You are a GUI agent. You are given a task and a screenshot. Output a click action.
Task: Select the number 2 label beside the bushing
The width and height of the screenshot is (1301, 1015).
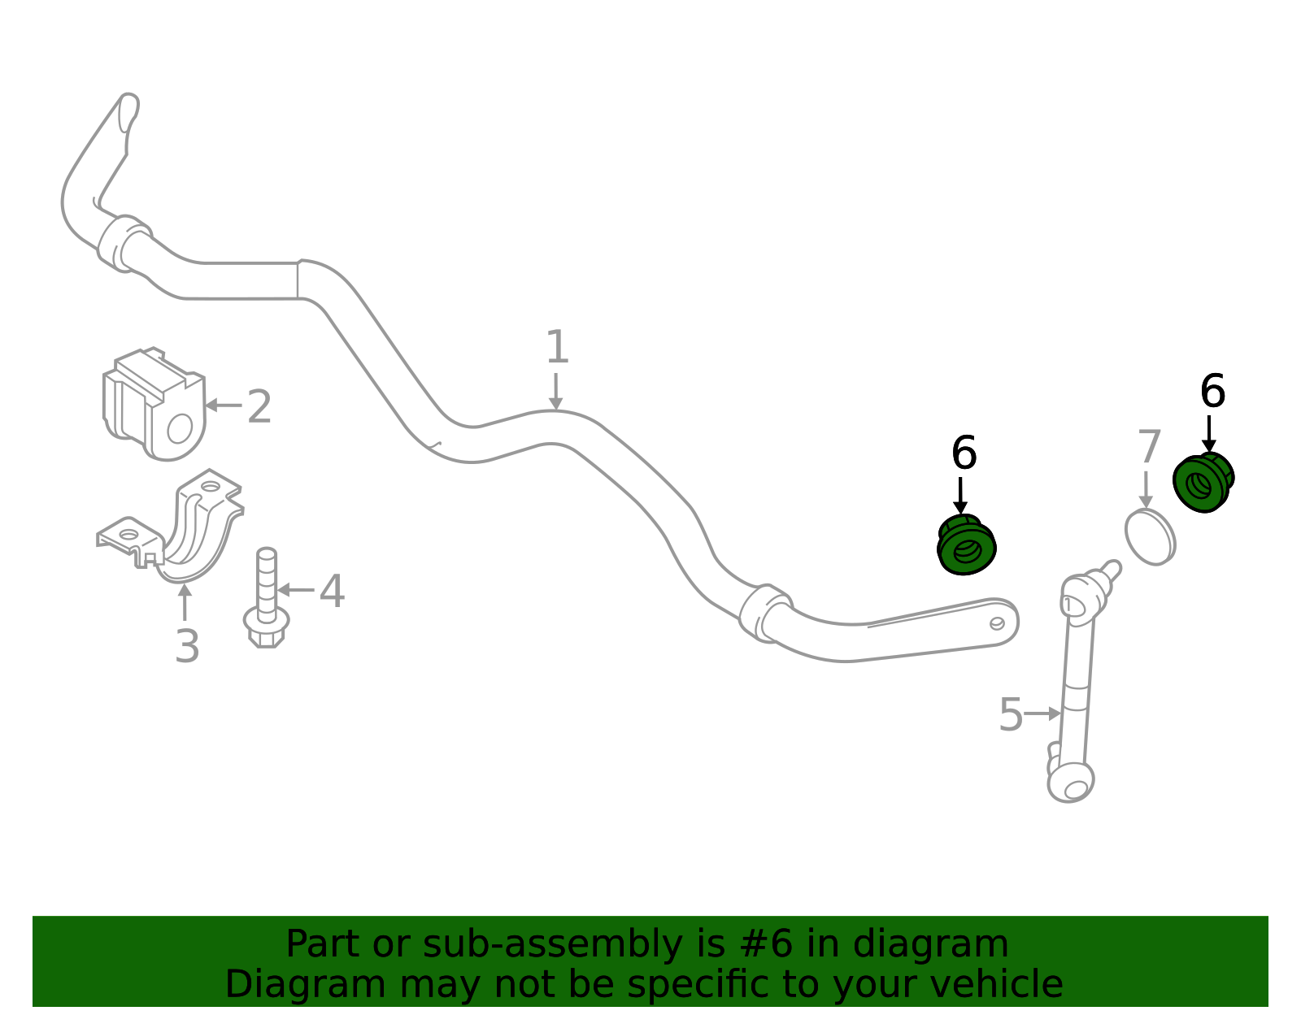(x=260, y=406)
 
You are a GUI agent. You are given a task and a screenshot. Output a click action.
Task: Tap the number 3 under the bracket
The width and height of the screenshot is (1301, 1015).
(x=187, y=647)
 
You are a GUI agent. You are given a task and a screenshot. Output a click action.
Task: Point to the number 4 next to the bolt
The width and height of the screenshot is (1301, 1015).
(x=332, y=592)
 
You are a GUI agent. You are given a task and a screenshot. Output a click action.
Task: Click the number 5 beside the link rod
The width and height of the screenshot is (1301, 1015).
(x=1012, y=714)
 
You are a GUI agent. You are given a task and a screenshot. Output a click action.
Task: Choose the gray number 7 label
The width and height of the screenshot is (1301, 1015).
(x=1149, y=447)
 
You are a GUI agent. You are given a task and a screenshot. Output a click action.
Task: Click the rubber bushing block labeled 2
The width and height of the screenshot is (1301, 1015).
(x=154, y=405)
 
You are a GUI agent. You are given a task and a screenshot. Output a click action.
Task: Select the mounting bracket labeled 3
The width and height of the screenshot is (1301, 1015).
(x=170, y=527)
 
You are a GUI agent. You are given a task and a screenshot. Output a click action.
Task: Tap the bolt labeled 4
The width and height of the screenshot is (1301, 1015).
(x=267, y=597)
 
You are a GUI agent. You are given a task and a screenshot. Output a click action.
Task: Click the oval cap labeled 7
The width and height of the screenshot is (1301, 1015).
(x=1150, y=537)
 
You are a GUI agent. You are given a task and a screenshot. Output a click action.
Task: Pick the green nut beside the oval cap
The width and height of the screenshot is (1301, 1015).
(x=1203, y=483)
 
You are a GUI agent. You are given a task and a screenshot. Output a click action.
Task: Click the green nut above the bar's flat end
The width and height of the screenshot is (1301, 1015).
(x=966, y=545)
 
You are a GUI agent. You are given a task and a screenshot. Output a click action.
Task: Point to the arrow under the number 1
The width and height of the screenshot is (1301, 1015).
(x=556, y=392)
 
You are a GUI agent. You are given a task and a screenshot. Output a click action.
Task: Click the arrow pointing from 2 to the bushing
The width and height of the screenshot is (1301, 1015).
(x=224, y=406)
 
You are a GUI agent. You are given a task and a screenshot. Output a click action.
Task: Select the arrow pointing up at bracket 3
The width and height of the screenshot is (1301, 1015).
(x=185, y=602)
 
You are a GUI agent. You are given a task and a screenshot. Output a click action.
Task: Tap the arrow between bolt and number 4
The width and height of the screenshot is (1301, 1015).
(x=296, y=590)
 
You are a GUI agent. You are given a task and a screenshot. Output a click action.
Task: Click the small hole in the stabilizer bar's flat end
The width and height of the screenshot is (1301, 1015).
(x=997, y=624)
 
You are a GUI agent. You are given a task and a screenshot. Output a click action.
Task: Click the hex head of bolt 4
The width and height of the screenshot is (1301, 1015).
(x=267, y=629)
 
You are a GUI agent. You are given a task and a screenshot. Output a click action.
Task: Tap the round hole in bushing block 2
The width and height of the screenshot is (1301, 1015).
(x=180, y=429)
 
